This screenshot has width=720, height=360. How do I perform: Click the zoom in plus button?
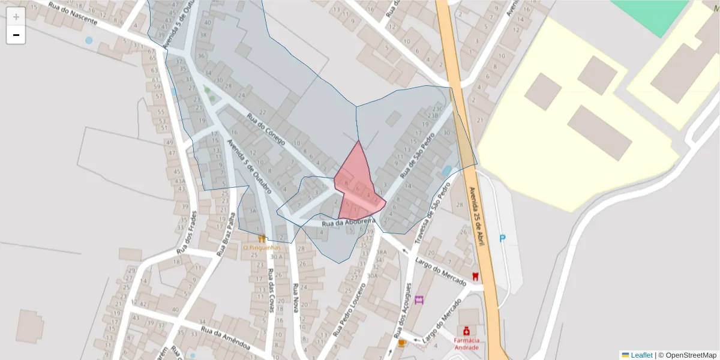click(x=16, y=17)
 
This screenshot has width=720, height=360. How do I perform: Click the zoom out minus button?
click(x=16, y=35)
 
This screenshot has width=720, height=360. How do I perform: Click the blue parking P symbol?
click(x=503, y=239)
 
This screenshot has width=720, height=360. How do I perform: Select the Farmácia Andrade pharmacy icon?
click(x=466, y=331)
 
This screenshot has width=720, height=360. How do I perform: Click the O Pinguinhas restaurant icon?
click(x=262, y=238)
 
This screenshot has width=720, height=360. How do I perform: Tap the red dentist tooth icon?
click(x=475, y=276)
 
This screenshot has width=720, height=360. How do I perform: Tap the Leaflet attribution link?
click(x=641, y=355)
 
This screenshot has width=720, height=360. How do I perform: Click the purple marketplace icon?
click(x=419, y=299)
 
